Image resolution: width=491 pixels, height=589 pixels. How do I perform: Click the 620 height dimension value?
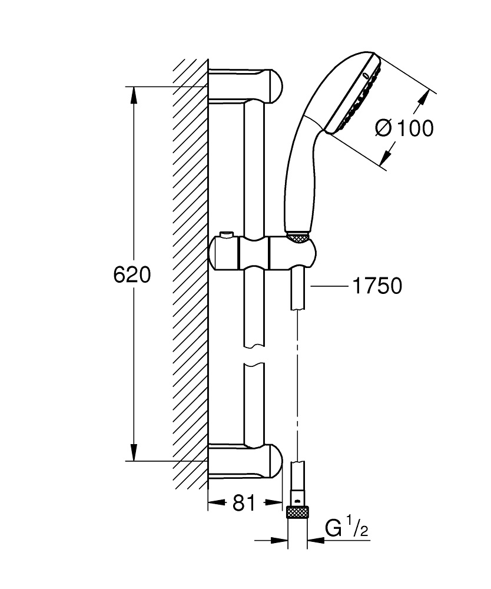coord(132,274)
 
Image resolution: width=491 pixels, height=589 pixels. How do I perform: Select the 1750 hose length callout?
coord(377,286)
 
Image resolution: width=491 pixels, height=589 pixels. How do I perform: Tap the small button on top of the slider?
coord(225,236)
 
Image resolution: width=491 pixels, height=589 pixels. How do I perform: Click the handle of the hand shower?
coord(300,177)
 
